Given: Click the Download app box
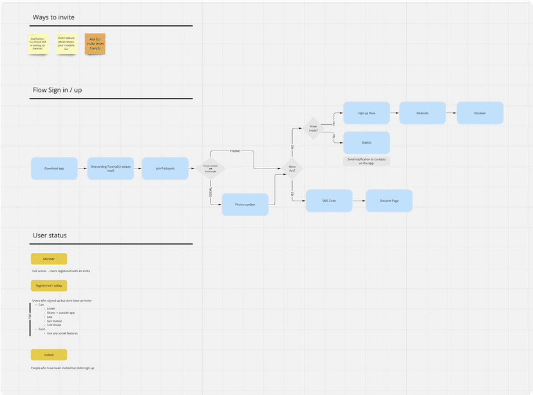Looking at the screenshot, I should tap(54, 169).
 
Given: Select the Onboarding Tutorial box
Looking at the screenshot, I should tap(110, 169).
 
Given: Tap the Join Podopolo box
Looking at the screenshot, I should tap(165, 169).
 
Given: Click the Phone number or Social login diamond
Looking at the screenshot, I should tap(210, 169).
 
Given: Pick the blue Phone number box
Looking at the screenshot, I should tap(245, 205).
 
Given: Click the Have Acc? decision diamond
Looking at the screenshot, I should tap(292, 169).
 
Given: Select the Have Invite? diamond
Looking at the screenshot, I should tap(313, 127).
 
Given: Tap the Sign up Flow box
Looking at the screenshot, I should tap(366, 113).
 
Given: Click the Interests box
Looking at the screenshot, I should tap(423, 113).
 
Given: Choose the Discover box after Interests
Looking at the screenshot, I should tap(480, 113).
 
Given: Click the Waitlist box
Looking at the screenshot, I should tap(366, 142).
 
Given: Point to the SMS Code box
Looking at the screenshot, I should tap(329, 201).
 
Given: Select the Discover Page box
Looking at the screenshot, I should tap(389, 201).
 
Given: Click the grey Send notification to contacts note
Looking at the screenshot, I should tap(367, 161).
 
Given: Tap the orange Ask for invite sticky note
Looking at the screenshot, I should tap(95, 44).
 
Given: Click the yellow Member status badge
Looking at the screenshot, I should tap(49, 259).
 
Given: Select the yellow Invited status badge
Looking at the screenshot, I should tap(49, 354).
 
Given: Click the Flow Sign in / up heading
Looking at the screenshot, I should tap(57, 90).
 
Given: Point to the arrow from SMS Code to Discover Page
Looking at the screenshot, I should tap(359, 201).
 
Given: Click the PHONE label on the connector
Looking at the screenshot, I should tap(234, 151).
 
